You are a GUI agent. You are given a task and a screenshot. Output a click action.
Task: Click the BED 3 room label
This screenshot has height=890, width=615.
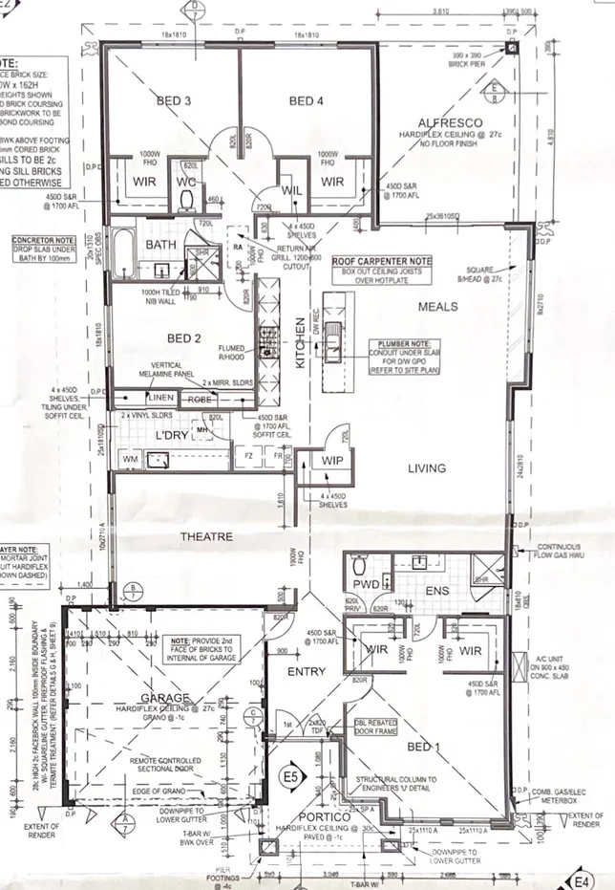coord(175,100)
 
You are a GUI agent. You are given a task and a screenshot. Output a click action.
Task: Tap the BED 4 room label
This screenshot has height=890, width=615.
coord(307,100)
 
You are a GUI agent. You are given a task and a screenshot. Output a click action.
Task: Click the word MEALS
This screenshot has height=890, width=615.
coord(438,307)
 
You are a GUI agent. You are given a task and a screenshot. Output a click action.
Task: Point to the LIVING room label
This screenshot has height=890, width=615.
coord(427,468)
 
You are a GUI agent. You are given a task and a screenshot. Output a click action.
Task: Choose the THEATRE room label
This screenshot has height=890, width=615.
coord(207,537)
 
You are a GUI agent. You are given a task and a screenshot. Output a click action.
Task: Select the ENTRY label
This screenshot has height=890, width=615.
coord(307,673)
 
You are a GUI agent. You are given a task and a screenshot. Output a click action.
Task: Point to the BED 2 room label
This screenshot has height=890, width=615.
coord(182,338)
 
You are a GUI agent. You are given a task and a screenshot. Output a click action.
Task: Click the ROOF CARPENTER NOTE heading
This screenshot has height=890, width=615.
coord(381,261)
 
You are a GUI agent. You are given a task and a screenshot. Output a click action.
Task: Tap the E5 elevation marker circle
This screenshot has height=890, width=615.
coord(290,776)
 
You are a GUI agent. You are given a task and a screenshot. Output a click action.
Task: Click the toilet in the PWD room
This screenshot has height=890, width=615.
coord(359,564)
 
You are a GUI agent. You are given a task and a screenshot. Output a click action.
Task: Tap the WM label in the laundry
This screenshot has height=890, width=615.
coord(131,461)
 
